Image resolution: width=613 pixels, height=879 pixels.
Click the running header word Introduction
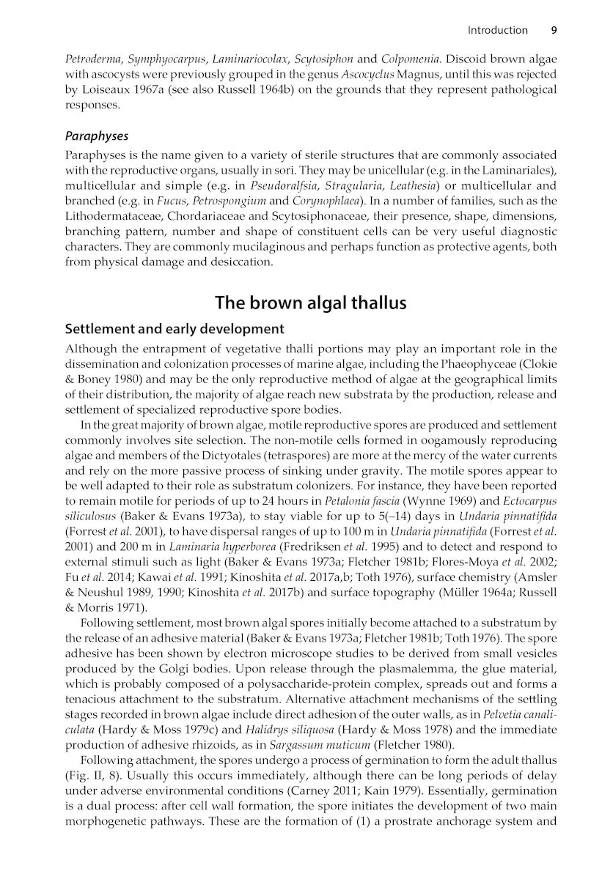click(x=497, y=30)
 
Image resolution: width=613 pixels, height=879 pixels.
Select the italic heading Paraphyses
click(x=97, y=136)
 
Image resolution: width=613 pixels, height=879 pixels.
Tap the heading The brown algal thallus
click(x=310, y=303)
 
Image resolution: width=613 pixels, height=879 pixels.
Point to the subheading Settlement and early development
click(x=175, y=328)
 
